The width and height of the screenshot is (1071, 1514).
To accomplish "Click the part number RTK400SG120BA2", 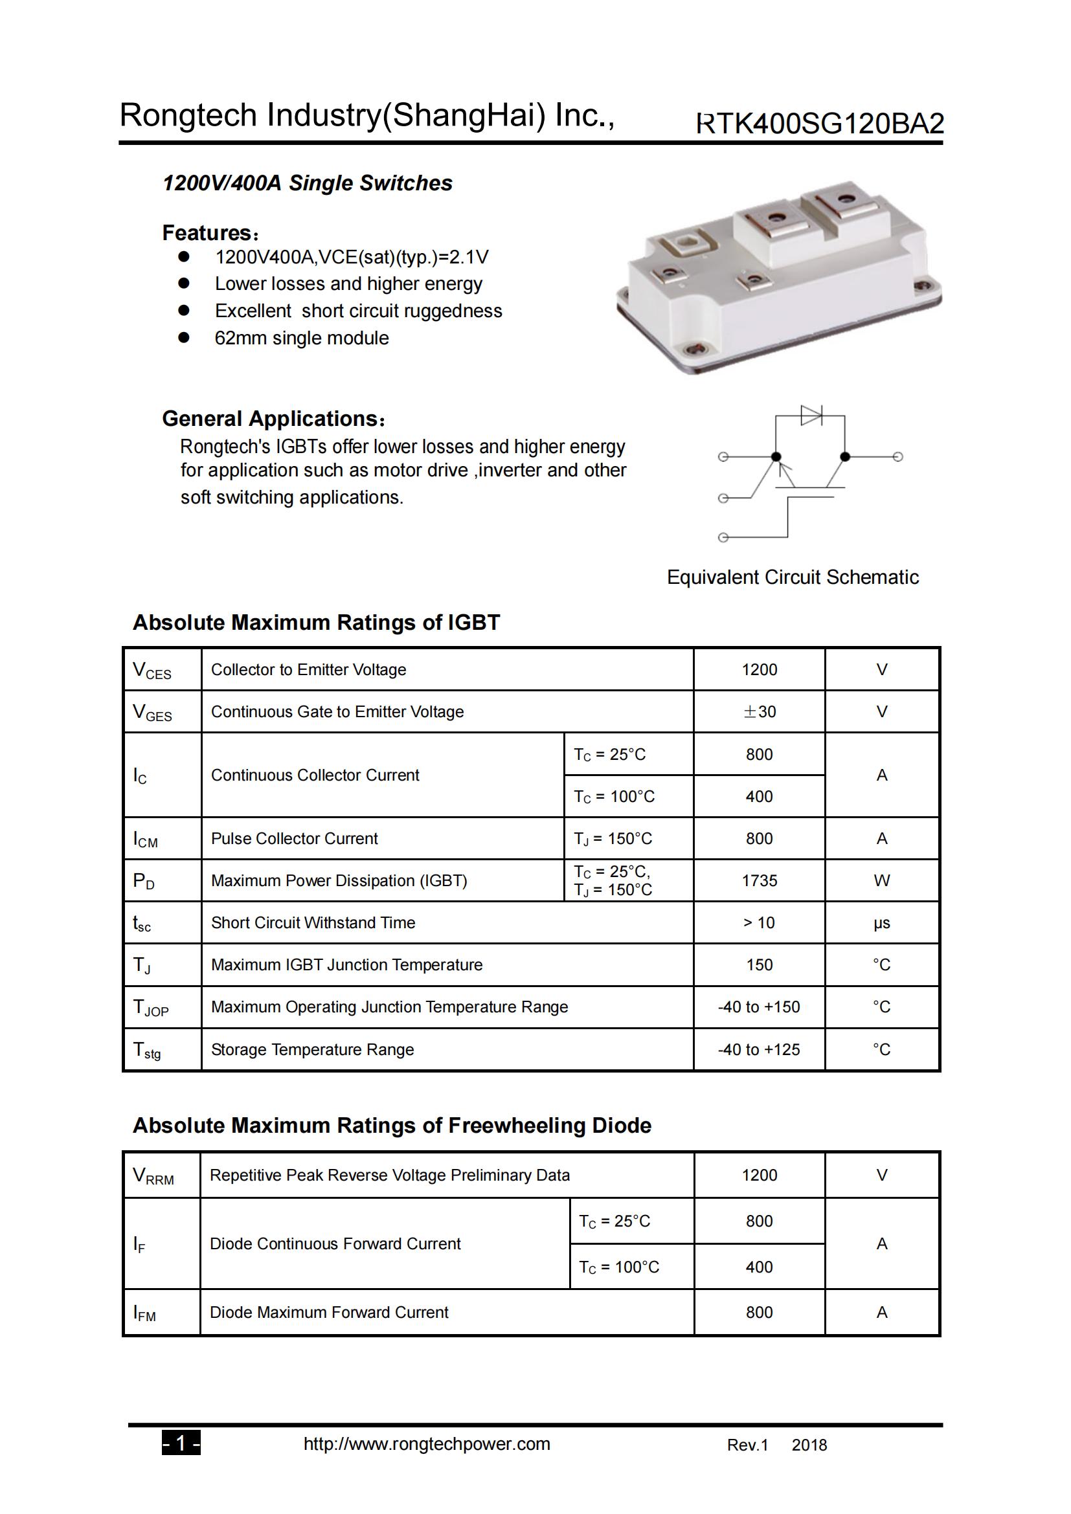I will coord(820,124).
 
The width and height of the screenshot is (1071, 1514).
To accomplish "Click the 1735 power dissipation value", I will coord(759,880).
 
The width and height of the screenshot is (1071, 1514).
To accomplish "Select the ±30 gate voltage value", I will coord(759,711).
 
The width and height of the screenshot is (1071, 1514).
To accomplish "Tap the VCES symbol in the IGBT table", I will coord(152,671).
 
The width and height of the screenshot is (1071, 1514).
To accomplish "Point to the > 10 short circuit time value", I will coord(759,922).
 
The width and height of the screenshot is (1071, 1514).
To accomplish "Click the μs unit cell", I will coord(881,923).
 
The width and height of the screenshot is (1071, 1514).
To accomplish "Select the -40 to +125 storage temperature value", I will coord(758,1049).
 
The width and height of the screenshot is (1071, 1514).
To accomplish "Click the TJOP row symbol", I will coord(151,1008).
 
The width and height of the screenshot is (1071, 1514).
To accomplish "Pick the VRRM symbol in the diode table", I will coord(153,1175).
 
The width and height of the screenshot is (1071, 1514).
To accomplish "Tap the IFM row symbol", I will coord(144,1313).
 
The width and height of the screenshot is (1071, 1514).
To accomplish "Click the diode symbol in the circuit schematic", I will coord(811,416).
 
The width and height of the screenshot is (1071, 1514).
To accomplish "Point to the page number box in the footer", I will coord(181,1444).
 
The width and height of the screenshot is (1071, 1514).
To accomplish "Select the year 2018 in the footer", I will coord(809,1445).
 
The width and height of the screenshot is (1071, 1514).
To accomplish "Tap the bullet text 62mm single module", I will coord(301,339).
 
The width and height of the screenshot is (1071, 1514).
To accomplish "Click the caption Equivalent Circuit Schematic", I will coord(792,577).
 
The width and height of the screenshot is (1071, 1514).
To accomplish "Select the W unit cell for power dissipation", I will coord(881,880).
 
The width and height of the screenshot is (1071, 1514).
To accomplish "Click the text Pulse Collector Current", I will coord(294,838).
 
